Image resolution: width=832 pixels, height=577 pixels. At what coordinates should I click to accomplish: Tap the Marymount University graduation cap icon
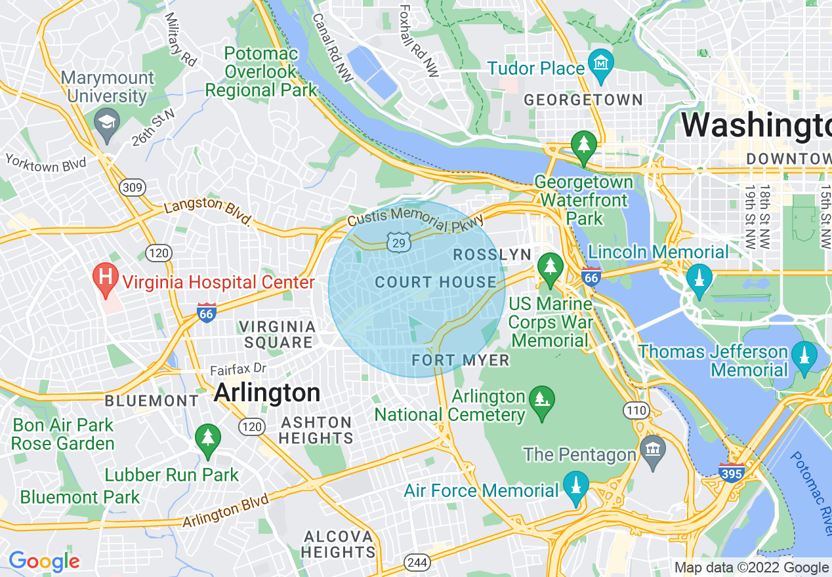pyautogui.click(x=105, y=123)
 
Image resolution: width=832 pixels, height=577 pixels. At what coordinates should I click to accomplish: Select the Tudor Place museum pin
pyautogui.click(x=601, y=64)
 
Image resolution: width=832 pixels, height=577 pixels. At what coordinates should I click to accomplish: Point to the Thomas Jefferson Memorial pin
pyautogui.click(x=804, y=357)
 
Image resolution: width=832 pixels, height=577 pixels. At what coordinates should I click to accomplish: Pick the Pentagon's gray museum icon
pyautogui.click(x=653, y=450)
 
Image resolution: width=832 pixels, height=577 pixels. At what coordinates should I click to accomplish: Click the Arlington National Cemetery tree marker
pyautogui.click(x=541, y=400)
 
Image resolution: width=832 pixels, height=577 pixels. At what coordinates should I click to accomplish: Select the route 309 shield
pyautogui.click(x=132, y=188)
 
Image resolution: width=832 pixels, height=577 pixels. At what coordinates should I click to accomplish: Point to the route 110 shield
pyautogui.click(x=635, y=411)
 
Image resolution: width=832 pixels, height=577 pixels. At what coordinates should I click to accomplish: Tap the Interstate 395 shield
pyautogui.click(x=732, y=471)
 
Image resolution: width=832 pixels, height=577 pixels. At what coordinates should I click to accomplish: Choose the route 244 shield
pyautogui.click(x=417, y=562)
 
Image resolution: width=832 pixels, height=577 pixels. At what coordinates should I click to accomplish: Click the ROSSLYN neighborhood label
pyautogui.click(x=491, y=255)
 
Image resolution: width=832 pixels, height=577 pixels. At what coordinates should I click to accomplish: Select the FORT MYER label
pyautogui.click(x=461, y=360)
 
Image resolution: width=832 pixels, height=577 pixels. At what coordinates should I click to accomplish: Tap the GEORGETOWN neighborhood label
pyautogui.click(x=583, y=100)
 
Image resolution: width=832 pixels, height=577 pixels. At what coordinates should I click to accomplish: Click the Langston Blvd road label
pyautogui.click(x=207, y=211)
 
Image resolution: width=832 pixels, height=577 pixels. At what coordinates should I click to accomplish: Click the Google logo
pyautogui.click(x=44, y=561)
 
